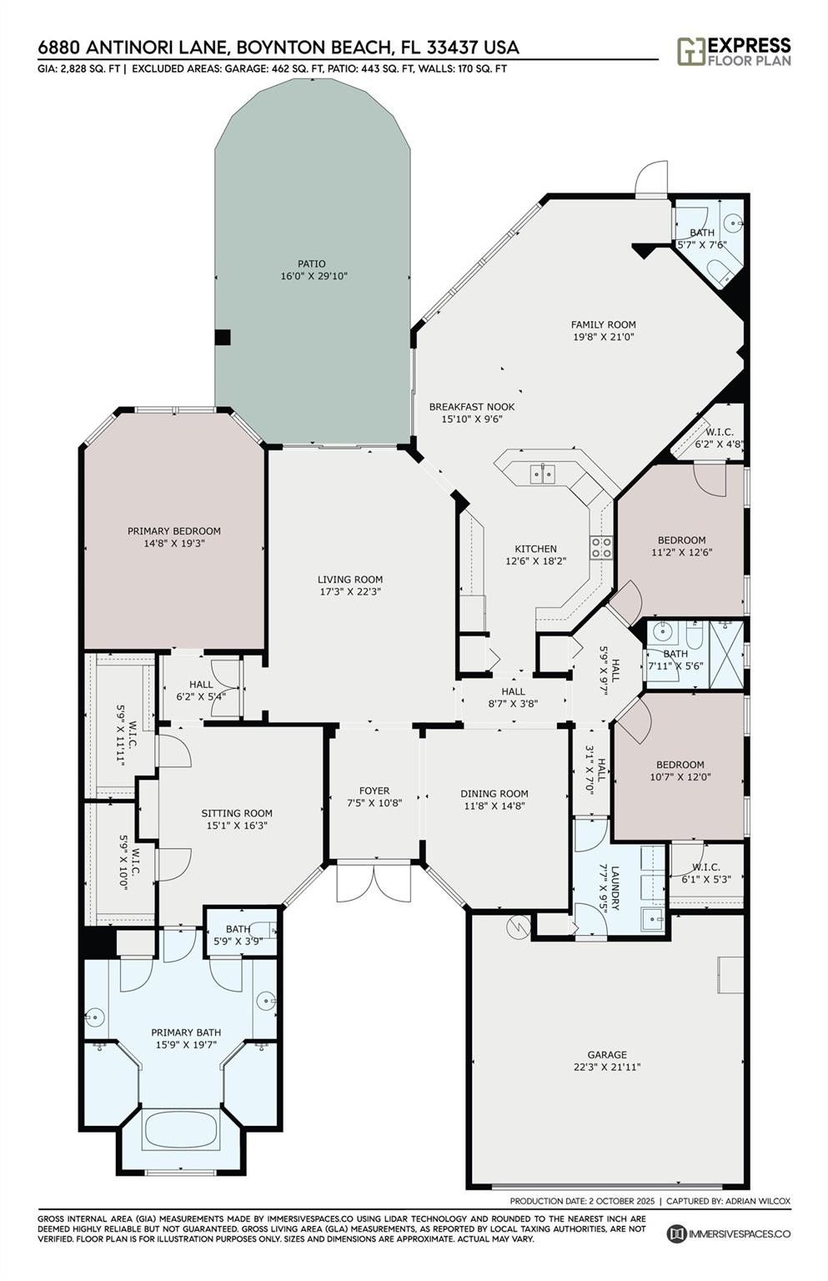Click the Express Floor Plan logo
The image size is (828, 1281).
[734, 52]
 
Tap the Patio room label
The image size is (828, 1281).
[312, 264]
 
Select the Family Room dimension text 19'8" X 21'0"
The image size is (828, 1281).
[603, 337]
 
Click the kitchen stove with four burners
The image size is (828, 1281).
[602, 547]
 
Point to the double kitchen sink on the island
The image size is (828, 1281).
[542, 473]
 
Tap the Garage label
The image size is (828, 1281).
[607, 1054]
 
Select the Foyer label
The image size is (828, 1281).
[374, 791]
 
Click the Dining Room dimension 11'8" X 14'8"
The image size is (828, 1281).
[494, 806]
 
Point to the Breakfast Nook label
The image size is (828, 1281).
[472, 407]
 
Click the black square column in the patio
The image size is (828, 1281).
[223, 337]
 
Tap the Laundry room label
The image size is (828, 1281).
[615, 888]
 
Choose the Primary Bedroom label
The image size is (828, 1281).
[173, 530]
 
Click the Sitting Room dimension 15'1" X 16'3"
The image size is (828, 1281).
[237, 825]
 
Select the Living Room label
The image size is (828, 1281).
[350, 580]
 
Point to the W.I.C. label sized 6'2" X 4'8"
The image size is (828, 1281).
[720, 433]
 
